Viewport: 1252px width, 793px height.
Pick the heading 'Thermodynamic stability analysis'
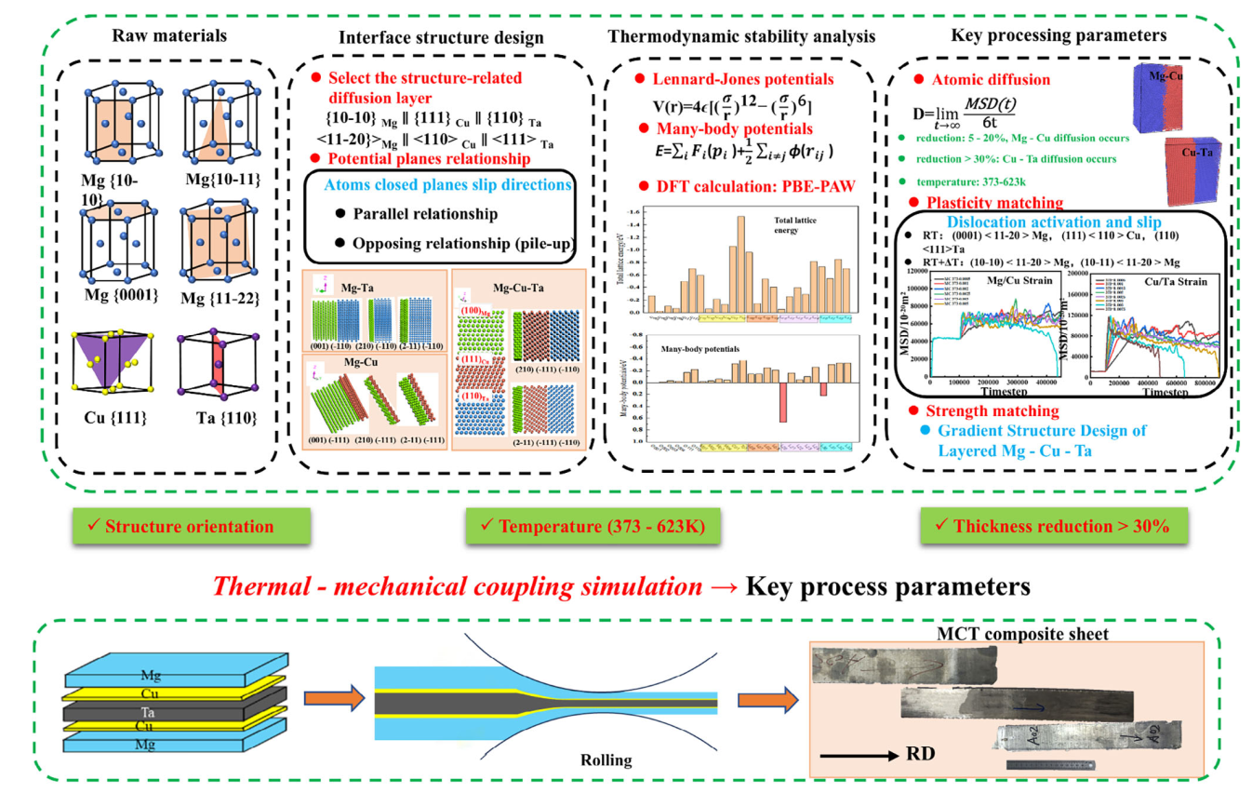[x=741, y=36]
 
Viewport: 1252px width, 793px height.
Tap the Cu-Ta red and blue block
[x=1192, y=169]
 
